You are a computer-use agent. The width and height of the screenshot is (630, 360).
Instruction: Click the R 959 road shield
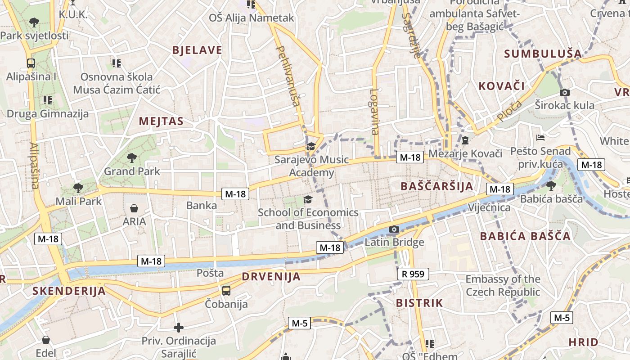(413, 274)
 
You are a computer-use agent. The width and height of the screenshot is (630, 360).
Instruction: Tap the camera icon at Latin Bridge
(394, 229)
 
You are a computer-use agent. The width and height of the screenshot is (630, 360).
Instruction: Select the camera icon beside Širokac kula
(565, 93)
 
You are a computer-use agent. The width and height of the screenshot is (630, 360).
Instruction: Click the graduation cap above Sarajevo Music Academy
(311, 146)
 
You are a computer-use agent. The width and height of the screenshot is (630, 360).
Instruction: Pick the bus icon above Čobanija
(226, 290)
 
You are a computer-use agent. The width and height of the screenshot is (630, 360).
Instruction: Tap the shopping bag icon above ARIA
(134, 208)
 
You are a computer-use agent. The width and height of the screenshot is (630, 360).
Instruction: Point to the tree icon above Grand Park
(132, 157)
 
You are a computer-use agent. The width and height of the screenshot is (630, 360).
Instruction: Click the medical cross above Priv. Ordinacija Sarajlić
(179, 328)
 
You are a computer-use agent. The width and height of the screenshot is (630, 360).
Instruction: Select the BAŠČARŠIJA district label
(436, 186)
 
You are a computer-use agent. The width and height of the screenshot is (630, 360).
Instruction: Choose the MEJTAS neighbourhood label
(161, 121)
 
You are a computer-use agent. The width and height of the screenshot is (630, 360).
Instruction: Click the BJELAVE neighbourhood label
(197, 50)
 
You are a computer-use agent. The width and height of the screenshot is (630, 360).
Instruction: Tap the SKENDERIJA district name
(69, 291)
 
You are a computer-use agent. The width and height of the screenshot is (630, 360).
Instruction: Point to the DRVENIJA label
(271, 276)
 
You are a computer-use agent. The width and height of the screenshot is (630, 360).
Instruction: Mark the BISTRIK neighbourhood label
(419, 303)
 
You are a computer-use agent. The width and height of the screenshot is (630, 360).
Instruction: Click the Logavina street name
(374, 112)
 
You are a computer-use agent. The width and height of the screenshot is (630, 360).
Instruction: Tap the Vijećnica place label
(489, 207)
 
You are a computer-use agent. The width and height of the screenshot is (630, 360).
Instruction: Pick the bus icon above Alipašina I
(31, 63)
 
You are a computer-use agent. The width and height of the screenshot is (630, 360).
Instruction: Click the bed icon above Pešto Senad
(541, 137)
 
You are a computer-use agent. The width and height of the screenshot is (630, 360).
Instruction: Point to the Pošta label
(210, 273)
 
